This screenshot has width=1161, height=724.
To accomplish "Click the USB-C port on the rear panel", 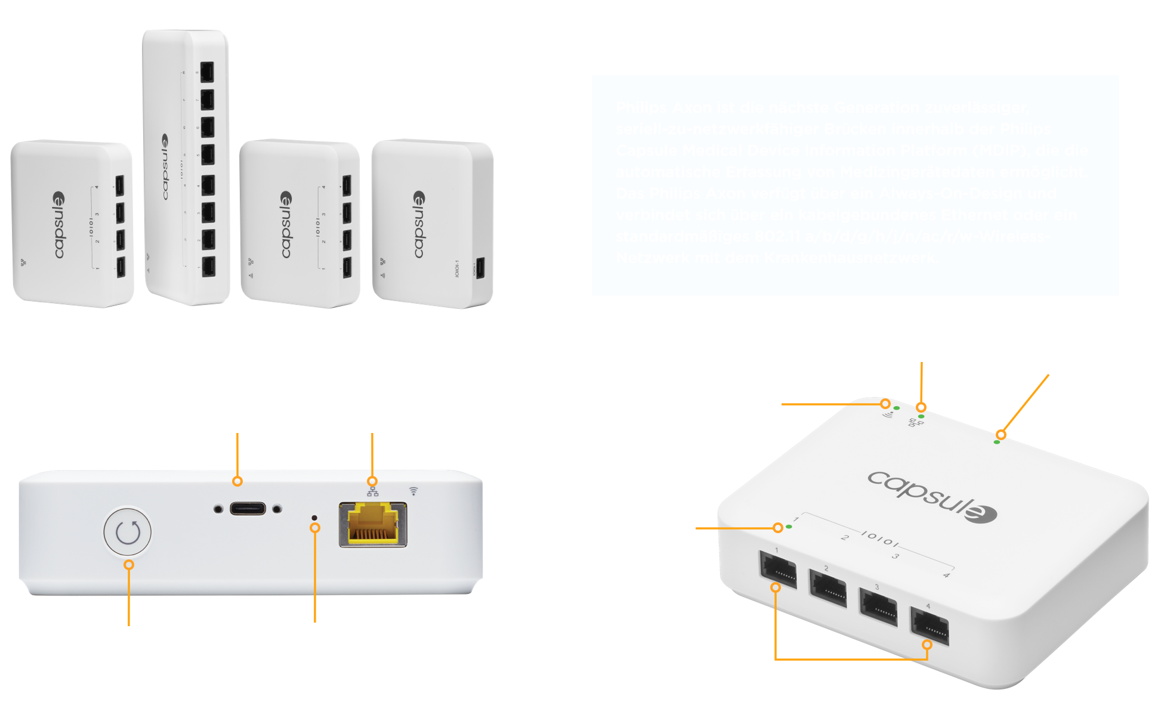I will coord(248,509).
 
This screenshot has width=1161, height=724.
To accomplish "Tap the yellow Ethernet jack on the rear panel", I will coord(373,524).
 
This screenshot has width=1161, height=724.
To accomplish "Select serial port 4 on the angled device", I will coord(930,626).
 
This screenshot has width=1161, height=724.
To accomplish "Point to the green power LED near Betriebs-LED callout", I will coord(996,442).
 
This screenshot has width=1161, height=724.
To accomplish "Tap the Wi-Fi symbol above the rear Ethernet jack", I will coord(413,491).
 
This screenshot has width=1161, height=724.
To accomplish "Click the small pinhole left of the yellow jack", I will coord(314,517).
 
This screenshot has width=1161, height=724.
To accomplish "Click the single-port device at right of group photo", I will coord(433,224).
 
